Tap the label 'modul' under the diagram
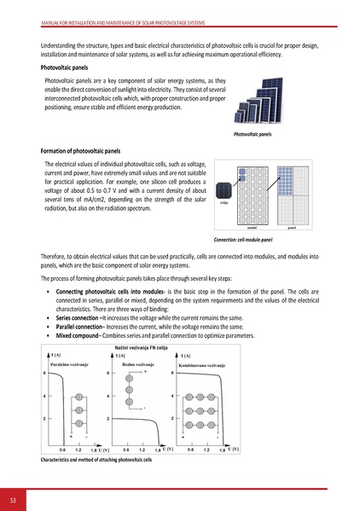(x=252, y=229)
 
